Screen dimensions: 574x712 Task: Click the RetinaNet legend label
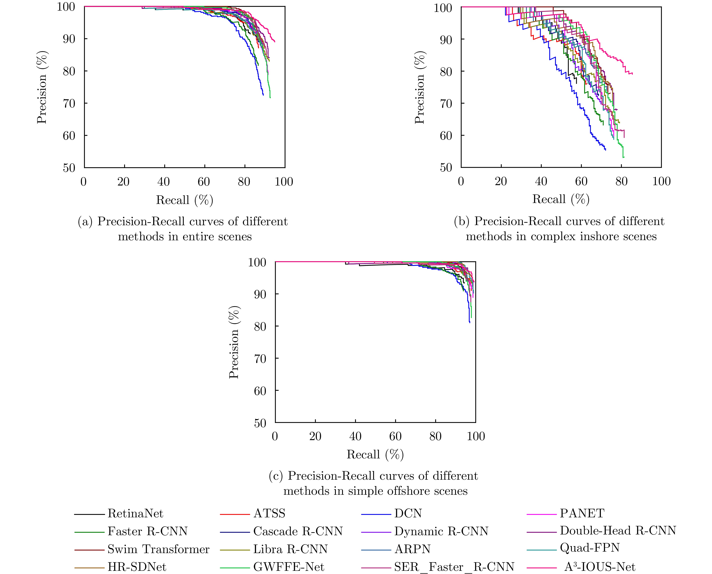coord(135,514)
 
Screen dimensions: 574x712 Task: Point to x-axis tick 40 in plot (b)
coord(541,182)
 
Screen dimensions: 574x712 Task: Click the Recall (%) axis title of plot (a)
coord(185,200)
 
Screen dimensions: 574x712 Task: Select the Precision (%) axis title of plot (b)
coord(419,88)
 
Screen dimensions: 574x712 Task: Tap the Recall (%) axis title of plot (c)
coord(375,455)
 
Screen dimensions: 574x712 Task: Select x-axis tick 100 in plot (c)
coord(476,437)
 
